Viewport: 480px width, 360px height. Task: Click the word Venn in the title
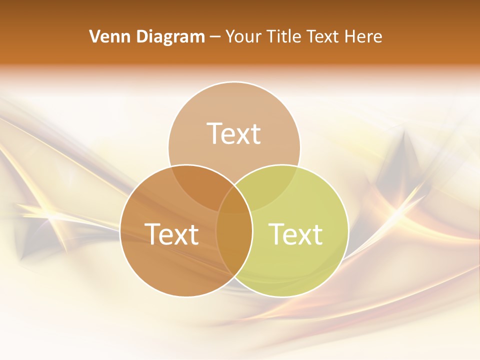pyautogui.click(x=108, y=36)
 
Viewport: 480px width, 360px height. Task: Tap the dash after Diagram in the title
pyautogui.click(x=215, y=37)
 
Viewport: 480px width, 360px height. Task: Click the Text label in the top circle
pyautogui.click(x=234, y=133)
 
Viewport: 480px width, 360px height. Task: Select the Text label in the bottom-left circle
pyautogui.click(x=171, y=234)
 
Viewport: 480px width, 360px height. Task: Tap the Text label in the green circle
pyautogui.click(x=295, y=234)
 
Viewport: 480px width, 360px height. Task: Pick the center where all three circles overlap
pyautogui.click(x=234, y=202)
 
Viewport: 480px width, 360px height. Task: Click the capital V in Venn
pyautogui.click(x=95, y=36)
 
